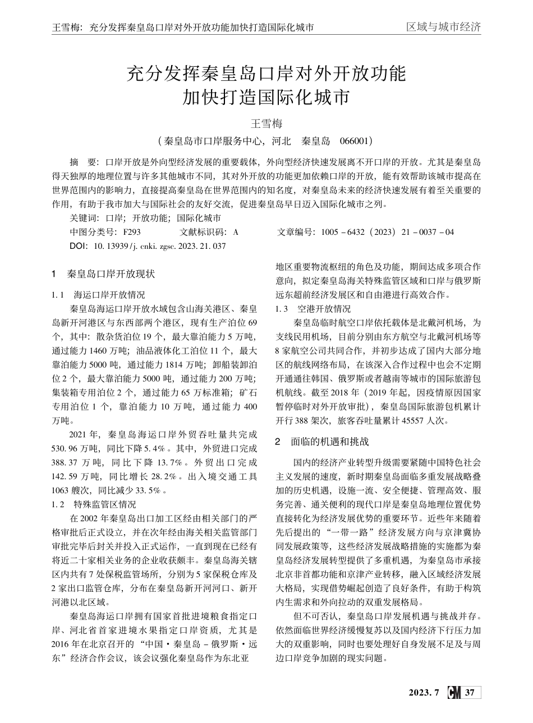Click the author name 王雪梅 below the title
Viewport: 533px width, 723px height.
(266, 123)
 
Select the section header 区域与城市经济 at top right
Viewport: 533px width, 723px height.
(443, 27)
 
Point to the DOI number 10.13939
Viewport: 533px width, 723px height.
(110, 246)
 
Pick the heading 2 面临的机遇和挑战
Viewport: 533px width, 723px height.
(322, 442)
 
